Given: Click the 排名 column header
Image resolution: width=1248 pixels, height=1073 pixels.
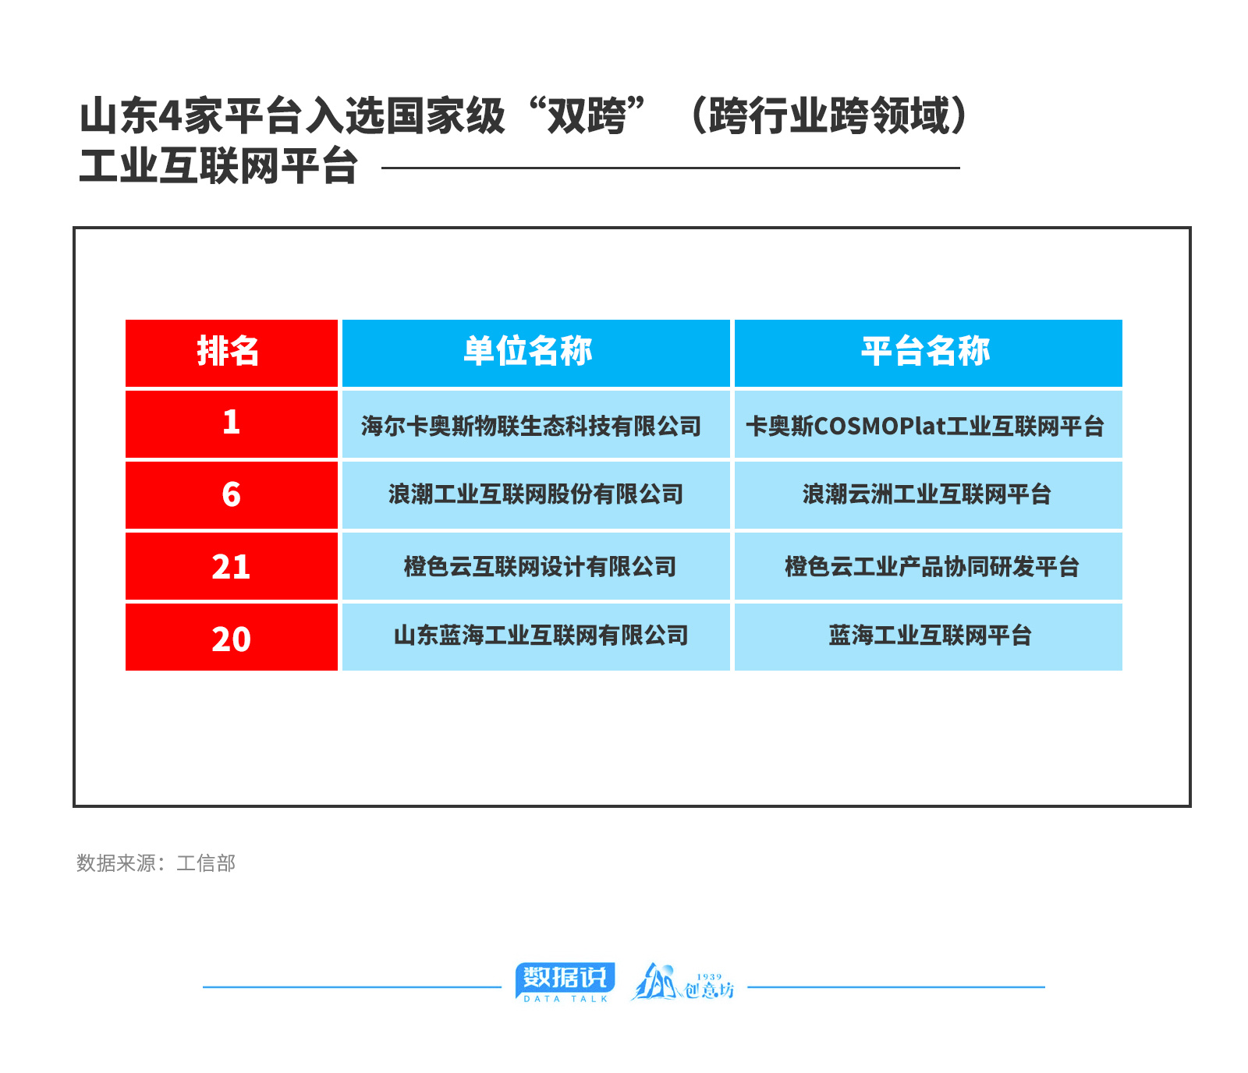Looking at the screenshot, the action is point(232,352).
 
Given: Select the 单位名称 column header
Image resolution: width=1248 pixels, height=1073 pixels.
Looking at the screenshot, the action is point(536,352).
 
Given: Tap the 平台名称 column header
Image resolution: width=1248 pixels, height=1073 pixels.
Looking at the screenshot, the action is point(928,352).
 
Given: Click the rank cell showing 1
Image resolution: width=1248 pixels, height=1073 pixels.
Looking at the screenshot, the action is point(232,423).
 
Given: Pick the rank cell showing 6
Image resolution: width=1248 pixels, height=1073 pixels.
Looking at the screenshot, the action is point(232,495).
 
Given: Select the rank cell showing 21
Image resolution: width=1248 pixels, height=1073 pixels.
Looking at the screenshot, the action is point(232,566).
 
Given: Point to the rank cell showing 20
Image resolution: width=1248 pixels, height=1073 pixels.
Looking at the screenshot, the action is point(232,637).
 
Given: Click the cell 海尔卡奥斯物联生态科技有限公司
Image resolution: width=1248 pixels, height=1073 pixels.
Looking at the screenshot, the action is point(536,423).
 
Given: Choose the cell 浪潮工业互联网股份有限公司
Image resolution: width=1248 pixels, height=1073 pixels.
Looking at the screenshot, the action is point(536,495).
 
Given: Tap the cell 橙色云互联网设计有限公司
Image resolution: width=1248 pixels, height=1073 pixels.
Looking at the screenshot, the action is point(536,566).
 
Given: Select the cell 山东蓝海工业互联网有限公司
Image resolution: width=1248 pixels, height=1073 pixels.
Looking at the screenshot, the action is point(536,637).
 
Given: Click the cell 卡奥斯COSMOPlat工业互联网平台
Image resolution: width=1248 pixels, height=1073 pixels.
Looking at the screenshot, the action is point(928,423).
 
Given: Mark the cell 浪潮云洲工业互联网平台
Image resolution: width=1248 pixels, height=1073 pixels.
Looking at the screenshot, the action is point(928,495).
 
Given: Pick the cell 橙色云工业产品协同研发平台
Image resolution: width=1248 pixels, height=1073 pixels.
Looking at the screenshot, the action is point(928,566).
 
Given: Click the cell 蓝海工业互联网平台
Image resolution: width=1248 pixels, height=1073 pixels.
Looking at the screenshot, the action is point(928,637).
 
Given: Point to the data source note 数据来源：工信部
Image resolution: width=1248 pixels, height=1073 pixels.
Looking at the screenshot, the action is point(156,863).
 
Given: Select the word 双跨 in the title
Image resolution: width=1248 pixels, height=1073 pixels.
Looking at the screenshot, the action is point(587,116).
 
